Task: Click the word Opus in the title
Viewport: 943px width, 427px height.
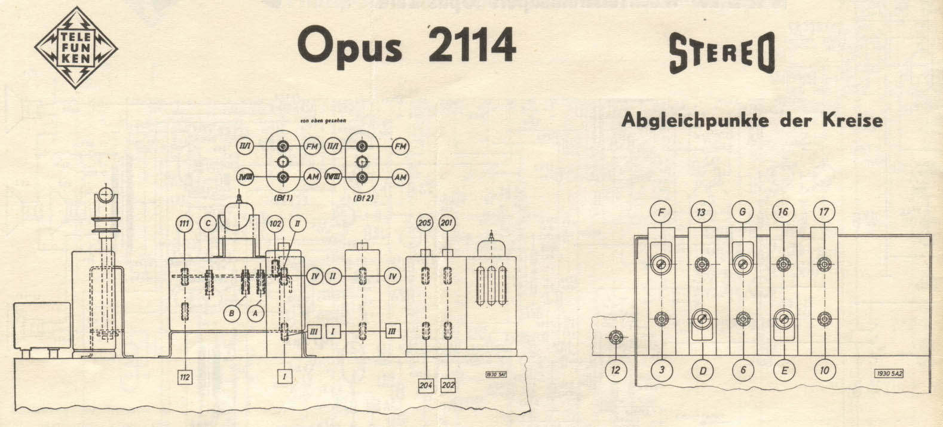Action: pyautogui.click(x=350, y=46)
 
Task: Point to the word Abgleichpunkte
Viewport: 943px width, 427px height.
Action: pyautogui.click(x=695, y=120)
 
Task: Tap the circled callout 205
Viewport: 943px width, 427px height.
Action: pyautogui.click(x=425, y=223)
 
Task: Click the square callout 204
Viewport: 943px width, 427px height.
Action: pyautogui.click(x=425, y=386)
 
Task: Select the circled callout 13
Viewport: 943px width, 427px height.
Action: pyautogui.click(x=702, y=211)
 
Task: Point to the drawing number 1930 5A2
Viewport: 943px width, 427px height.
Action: pyautogui.click(x=887, y=373)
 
